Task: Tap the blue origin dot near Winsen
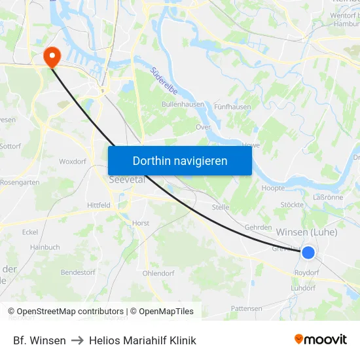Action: click(x=308, y=252)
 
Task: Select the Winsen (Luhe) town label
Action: click(x=307, y=232)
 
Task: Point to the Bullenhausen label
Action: click(x=183, y=105)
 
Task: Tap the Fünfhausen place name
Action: click(x=232, y=107)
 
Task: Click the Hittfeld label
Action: click(x=99, y=205)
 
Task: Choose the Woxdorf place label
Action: click(x=73, y=161)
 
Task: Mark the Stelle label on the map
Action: click(x=220, y=207)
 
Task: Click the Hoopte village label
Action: click(x=273, y=188)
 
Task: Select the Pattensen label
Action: click(x=247, y=308)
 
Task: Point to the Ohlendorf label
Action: click(x=158, y=273)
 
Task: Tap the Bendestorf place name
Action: click(x=78, y=272)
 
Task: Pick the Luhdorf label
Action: click(x=304, y=288)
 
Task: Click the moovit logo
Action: click(x=321, y=340)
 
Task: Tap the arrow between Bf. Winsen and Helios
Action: click(x=77, y=340)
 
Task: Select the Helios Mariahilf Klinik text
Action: click(x=142, y=340)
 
